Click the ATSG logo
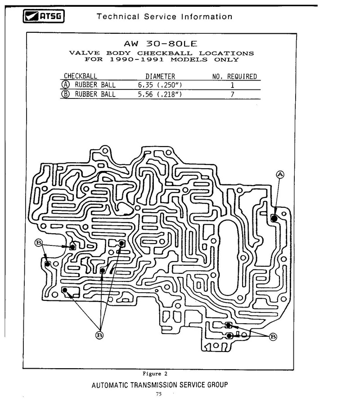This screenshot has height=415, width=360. (x=44, y=16)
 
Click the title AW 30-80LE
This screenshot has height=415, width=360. (x=161, y=44)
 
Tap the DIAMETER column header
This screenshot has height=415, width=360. (x=160, y=76)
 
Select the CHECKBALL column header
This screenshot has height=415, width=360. (x=80, y=76)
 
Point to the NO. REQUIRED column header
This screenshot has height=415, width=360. (x=234, y=76)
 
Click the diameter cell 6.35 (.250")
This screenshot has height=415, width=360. (x=160, y=85)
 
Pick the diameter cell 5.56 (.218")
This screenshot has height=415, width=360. (x=160, y=94)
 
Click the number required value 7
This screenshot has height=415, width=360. (x=232, y=94)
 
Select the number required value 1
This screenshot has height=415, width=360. (x=232, y=85)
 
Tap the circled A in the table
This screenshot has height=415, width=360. (x=65, y=85)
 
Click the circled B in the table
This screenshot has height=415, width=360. (x=65, y=94)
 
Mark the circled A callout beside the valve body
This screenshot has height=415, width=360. (x=280, y=174)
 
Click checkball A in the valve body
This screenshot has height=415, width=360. (x=274, y=219)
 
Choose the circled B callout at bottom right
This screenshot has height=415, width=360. (x=273, y=337)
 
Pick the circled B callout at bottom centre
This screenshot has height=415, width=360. (x=99, y=335)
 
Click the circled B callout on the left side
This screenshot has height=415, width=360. (x=39, y=242)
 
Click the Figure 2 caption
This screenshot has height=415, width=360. (x=155, y=374)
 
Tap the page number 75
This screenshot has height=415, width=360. (x=159, y=394)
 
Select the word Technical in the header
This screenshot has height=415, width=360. (x=118, y=17)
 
